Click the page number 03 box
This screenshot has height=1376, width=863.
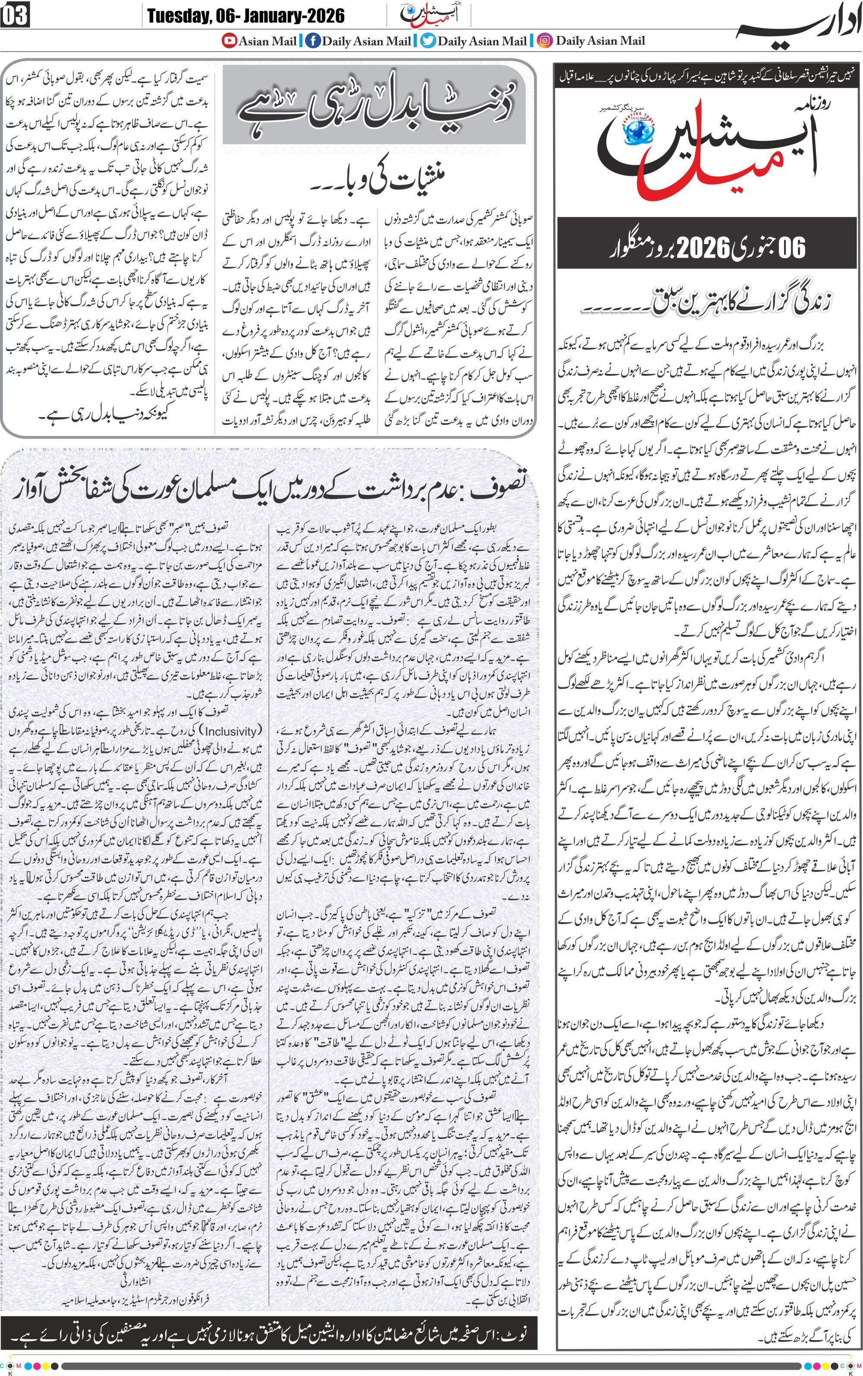point(16,16)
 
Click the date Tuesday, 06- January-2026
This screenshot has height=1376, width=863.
point(246,16)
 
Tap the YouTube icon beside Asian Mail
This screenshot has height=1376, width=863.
point(230,41)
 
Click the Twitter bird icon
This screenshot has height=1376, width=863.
point(428,41)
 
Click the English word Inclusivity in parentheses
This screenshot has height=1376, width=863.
point(231,731)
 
